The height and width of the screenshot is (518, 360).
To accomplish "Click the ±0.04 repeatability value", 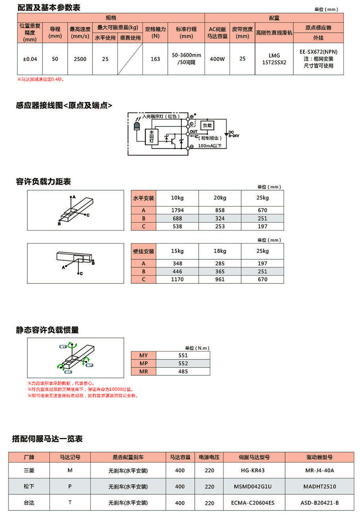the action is click(x=30, y=59).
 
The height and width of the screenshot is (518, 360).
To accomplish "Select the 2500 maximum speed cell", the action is click(x=80, y=59).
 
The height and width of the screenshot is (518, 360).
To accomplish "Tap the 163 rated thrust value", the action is click(x=155, y=59).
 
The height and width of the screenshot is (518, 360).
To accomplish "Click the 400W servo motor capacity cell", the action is click(x=217, y=59).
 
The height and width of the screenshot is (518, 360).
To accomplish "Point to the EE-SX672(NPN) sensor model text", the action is click(x=318, y=52).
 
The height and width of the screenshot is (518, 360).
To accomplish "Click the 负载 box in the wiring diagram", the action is click(x=207, y=125).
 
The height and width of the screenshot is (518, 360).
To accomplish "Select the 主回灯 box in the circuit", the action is click(x=152, y=137).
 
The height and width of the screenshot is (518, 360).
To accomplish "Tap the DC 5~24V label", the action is click(x=234, y=134).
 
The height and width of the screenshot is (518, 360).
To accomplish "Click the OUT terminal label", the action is click(x=194, y=131).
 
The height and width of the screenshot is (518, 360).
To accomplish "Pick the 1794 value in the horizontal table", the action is click(x=177, y=210).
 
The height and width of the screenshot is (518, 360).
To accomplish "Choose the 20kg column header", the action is click(x=220, y=198).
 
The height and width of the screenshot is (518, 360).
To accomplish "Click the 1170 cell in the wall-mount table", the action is click(x=177, y=279).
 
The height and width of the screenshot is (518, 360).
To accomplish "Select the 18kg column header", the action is click(x=220, y=251).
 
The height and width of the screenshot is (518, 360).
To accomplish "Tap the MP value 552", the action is click(x=183, y=363).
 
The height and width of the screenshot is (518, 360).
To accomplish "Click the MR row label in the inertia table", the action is click(x=144, y=371).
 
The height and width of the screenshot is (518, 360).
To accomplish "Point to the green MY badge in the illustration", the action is click(x=63, y=347).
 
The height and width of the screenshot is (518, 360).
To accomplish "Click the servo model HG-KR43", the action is click(x=253, y=470).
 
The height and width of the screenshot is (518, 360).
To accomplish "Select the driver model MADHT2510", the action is click(x=320, y=486).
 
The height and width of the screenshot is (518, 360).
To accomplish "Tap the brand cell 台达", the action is click(x=29, y=503).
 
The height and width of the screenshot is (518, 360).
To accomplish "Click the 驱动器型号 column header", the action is click(x=320, y=457).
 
